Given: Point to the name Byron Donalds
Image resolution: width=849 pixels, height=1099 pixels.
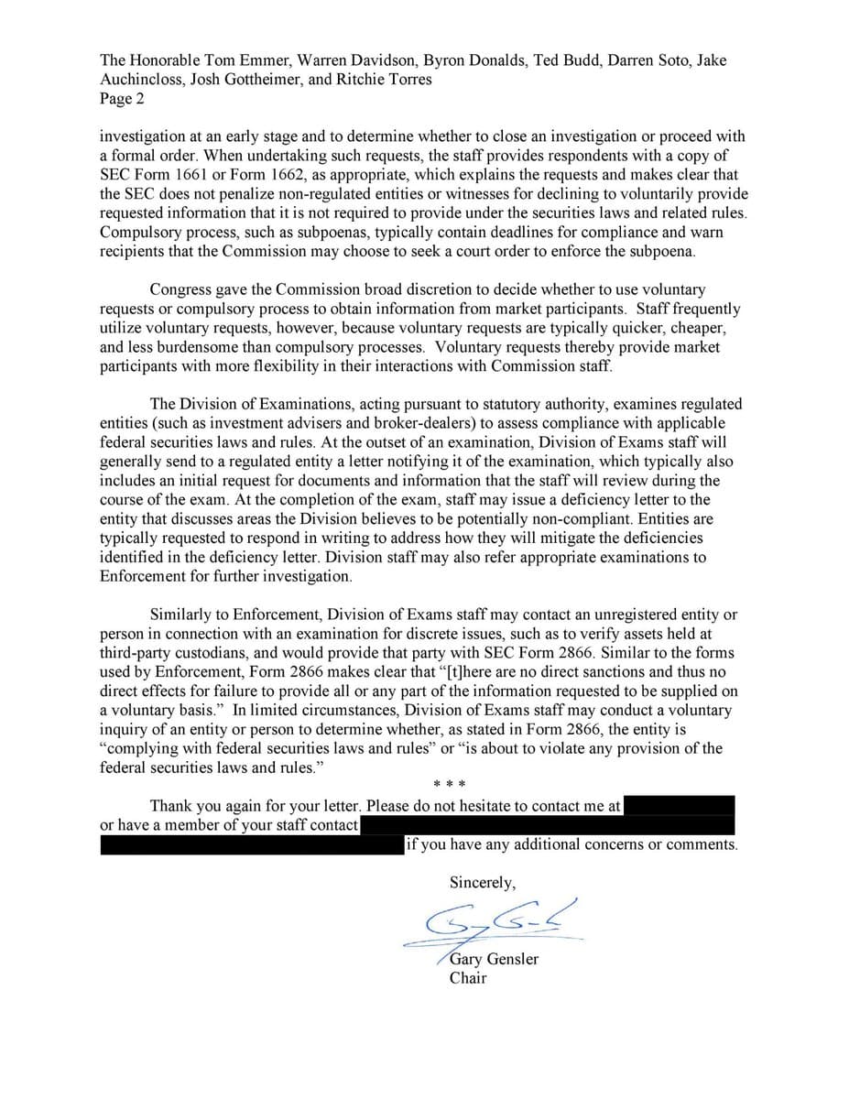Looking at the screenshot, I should [x=464, y=60].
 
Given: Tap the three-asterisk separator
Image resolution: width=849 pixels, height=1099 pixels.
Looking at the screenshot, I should [x=451, y=785].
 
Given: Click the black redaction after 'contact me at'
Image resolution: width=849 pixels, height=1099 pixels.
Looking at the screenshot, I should [x=680, y=806].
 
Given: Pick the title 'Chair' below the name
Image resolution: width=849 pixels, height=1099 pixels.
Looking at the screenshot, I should [x=468, y=979].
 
